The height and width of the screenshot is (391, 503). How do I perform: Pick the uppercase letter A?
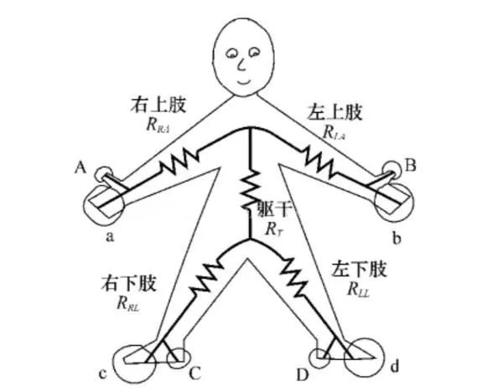tap(81, 167)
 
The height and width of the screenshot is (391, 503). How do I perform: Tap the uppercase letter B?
tap(411, 167)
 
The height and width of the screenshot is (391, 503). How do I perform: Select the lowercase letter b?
tap(397, 239)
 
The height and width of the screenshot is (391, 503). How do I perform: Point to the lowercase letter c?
tap(102, 373)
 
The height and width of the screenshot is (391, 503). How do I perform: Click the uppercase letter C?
tap(196, 373)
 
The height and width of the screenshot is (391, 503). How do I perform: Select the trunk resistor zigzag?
tap(251, 186)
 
